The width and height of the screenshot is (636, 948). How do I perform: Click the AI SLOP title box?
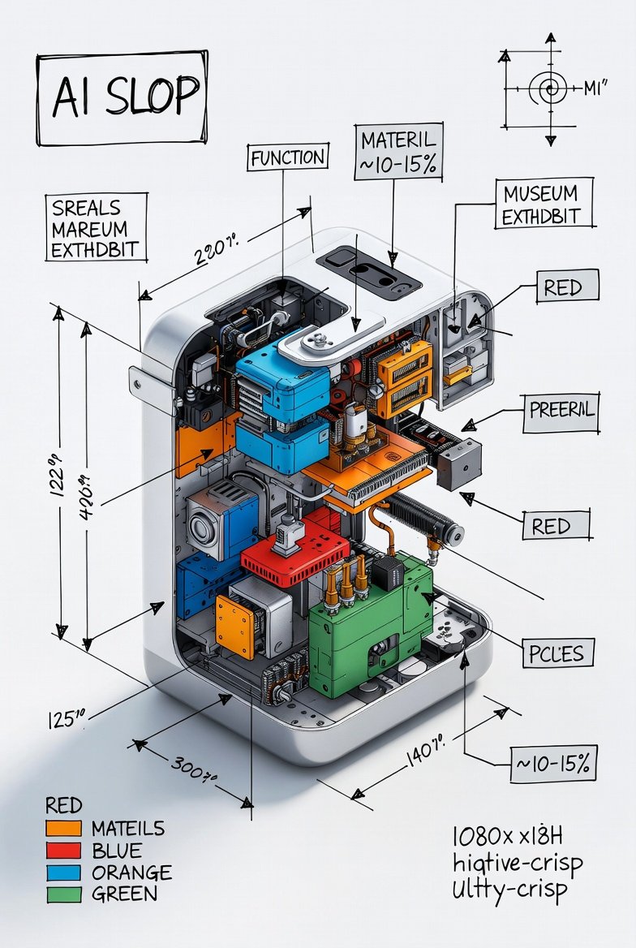tap(122, 97)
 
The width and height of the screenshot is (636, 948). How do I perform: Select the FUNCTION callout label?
tap(288, 157)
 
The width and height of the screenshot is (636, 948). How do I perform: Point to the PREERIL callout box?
tap(561, 409)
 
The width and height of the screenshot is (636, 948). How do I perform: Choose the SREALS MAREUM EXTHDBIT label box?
tap(95, 228)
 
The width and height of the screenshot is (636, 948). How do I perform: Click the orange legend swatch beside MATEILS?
tap(64, 829)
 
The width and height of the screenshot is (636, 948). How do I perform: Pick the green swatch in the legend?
tap(64, 894)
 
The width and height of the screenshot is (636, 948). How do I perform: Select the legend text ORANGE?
tap(131, 873)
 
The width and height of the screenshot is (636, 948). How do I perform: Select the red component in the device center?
tap(292, 556)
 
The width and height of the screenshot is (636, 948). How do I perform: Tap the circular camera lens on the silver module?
tap(200, 527)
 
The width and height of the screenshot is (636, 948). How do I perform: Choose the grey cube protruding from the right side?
tap(458, 463)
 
